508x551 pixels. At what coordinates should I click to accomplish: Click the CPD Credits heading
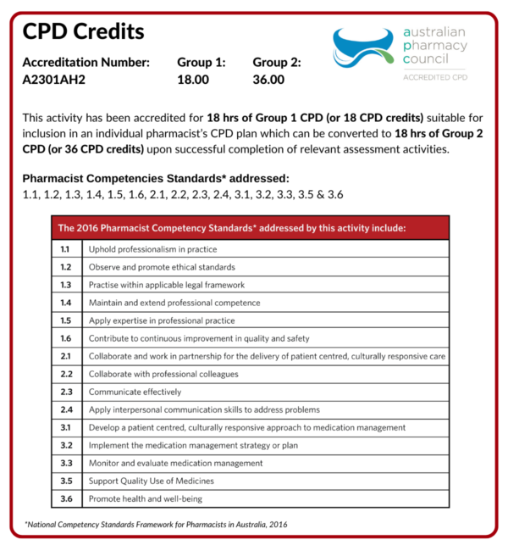[x=83, y=32]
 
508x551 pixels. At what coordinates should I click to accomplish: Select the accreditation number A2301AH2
[x=54, y=81]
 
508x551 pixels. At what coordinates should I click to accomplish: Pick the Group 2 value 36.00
[x=269, y=81]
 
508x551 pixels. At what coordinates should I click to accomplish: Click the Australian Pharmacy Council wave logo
[x=367, y=47]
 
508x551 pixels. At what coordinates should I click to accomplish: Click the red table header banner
[x=251, y=228]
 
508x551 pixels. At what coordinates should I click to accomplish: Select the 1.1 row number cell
[x=66, y=249]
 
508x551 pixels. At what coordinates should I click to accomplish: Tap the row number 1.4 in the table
[x=66, y=303]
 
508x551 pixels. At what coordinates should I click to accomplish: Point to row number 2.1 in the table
[x=66, y=356]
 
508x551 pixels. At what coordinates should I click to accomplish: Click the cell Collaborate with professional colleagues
[x=163, y=374]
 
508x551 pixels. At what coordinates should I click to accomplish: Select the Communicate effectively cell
[x=135, y=392]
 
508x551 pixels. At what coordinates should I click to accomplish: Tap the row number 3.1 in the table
[x=66, y=427]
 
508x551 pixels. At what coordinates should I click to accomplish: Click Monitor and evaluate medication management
[x=175, y=463]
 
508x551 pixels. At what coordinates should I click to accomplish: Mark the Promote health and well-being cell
[x=146, y=498]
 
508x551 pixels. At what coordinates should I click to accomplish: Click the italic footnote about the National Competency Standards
[x=156, y=525]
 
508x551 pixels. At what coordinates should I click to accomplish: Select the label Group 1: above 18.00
[x=202, y=62]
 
